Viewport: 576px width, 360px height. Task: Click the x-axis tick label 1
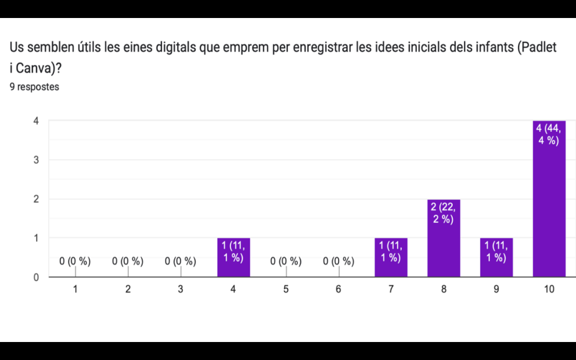click(x=75, y=289)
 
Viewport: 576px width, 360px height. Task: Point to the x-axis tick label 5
click(x=286, y=289)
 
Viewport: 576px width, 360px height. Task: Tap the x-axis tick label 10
click(x=549, y=289)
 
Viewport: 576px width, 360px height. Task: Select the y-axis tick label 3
click(x=36, y=160)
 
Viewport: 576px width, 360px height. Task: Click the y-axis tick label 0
click(x=36, y=277)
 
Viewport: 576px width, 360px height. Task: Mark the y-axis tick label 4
click(x=36, y=121)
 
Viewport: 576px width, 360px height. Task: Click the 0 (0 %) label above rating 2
click(x=128, y=261)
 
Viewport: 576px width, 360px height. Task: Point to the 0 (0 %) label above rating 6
click(x=339, y=261)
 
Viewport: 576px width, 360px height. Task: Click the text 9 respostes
click(x=34, y=87)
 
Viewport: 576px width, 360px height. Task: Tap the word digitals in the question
click(x=177, y=48)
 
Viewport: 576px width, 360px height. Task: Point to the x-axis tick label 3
click(x=181, y=289)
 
